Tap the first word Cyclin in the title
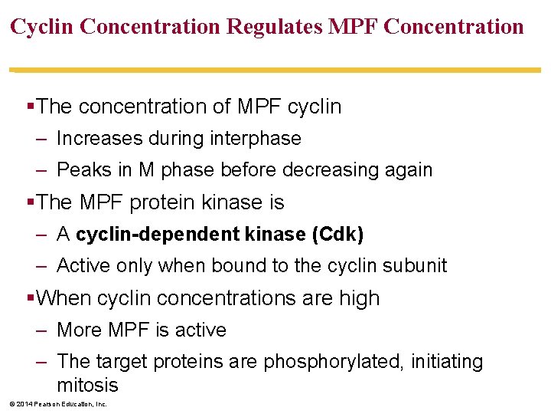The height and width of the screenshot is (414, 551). (42, 27)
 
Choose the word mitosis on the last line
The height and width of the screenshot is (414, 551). (87, 385)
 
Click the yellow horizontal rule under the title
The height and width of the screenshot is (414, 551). (275, 70)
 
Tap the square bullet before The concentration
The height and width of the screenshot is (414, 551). (31, 107)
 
